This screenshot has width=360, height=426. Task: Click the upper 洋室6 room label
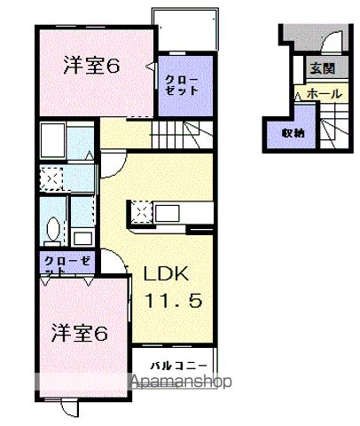click(92, 66)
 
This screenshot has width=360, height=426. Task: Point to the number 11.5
click(173, 301)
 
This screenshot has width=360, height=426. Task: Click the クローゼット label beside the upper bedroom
click(183, 85)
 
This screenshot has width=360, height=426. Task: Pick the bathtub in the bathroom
click(54, 141)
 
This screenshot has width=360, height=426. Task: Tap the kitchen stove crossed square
click(142, 212)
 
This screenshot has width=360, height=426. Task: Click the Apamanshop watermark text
click(181, 383)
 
